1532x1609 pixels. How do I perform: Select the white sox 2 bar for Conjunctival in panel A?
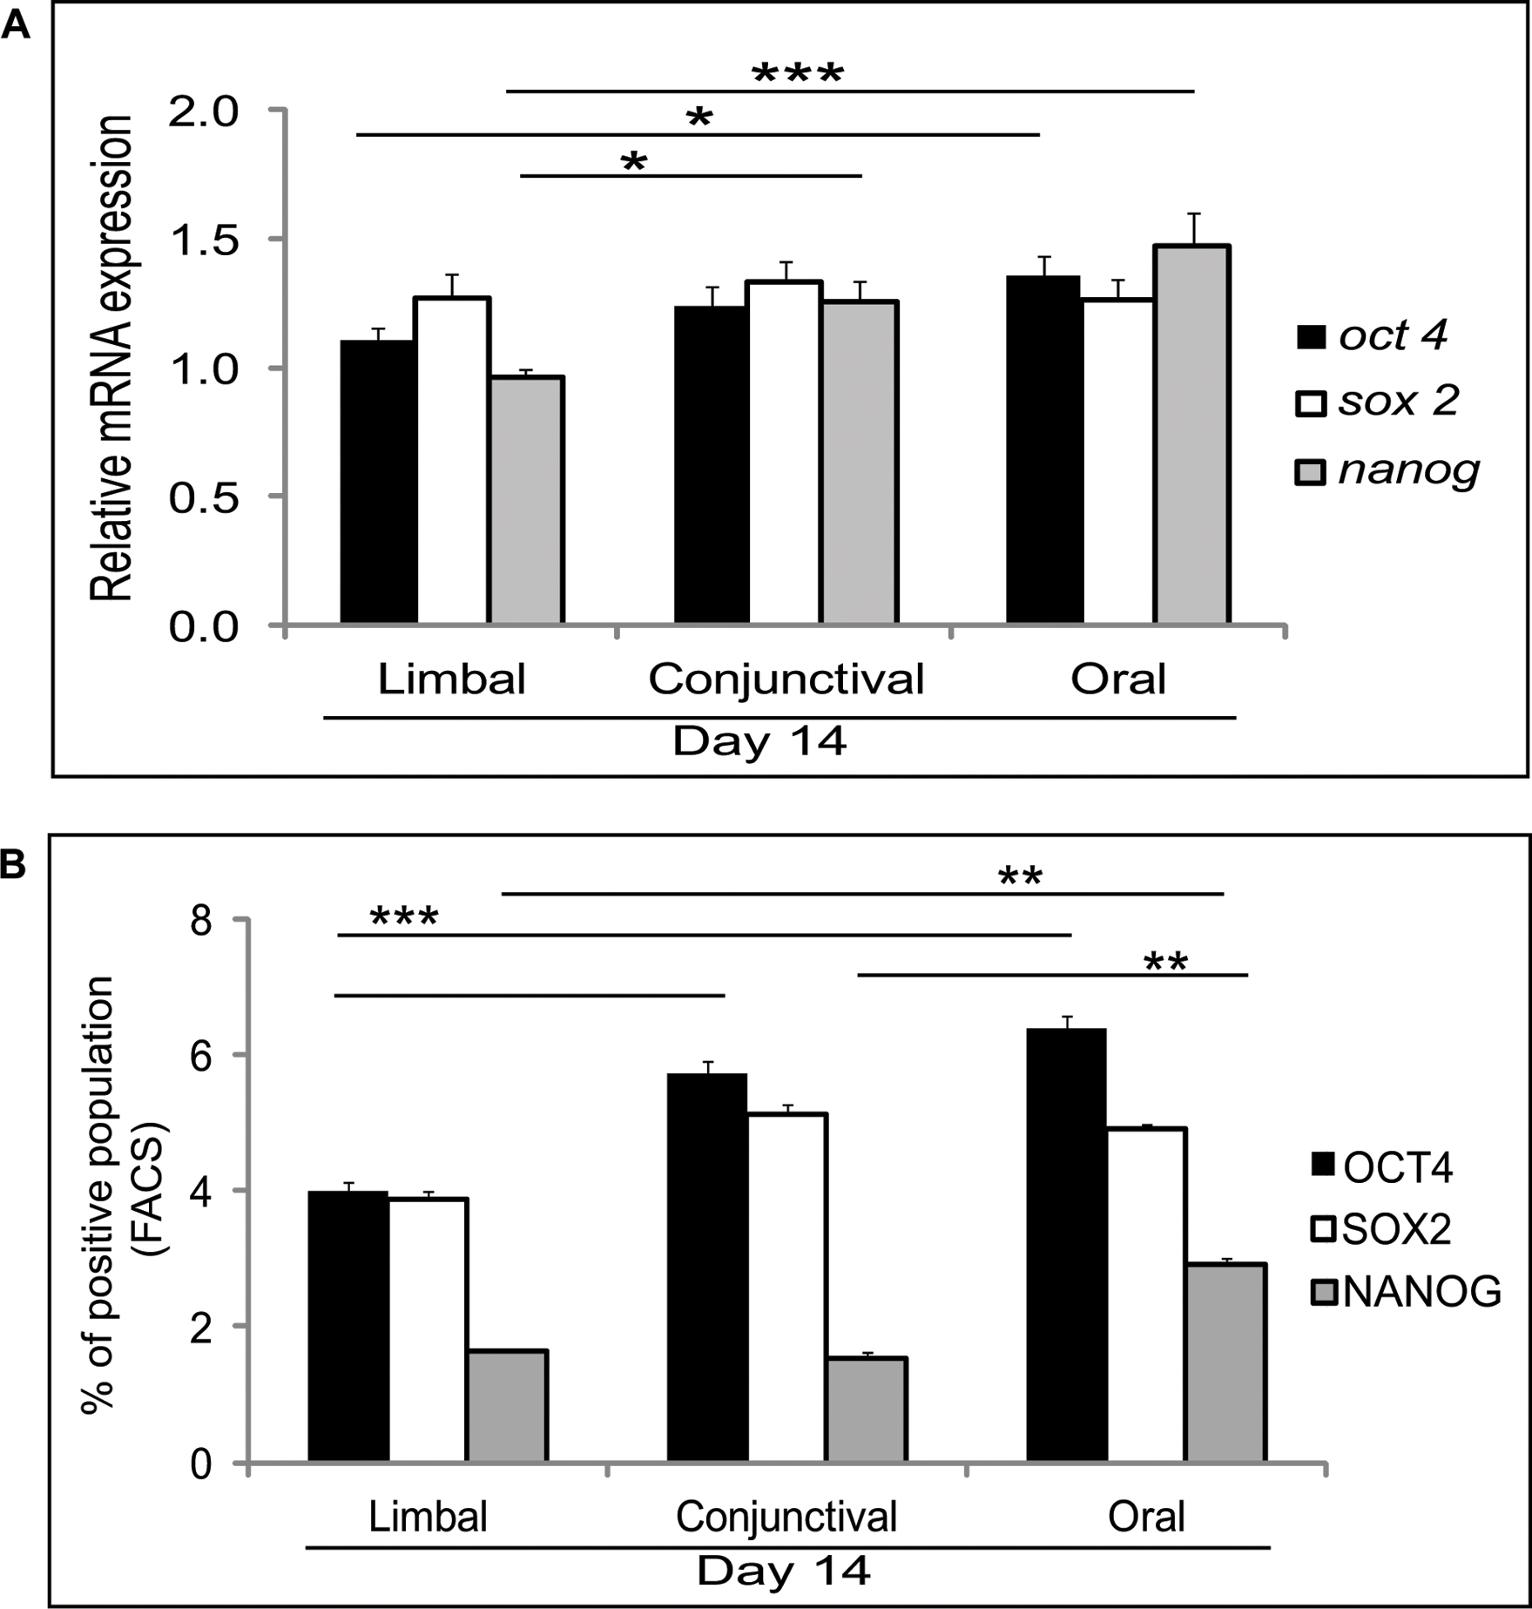tap(785, 452)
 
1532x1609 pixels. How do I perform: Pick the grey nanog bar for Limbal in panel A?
tap(527, 500)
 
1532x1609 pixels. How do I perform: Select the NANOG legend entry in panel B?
tap(1406, 1292)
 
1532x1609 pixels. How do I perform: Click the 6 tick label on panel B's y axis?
tap(201, 1055)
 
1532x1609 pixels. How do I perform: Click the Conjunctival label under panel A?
tap(786, 679)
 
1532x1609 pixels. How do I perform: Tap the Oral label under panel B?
tap(1146, 1518)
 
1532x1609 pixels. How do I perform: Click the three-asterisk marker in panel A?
tap(798, 75)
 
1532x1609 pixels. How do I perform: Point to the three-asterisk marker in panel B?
tap(404, 917)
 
